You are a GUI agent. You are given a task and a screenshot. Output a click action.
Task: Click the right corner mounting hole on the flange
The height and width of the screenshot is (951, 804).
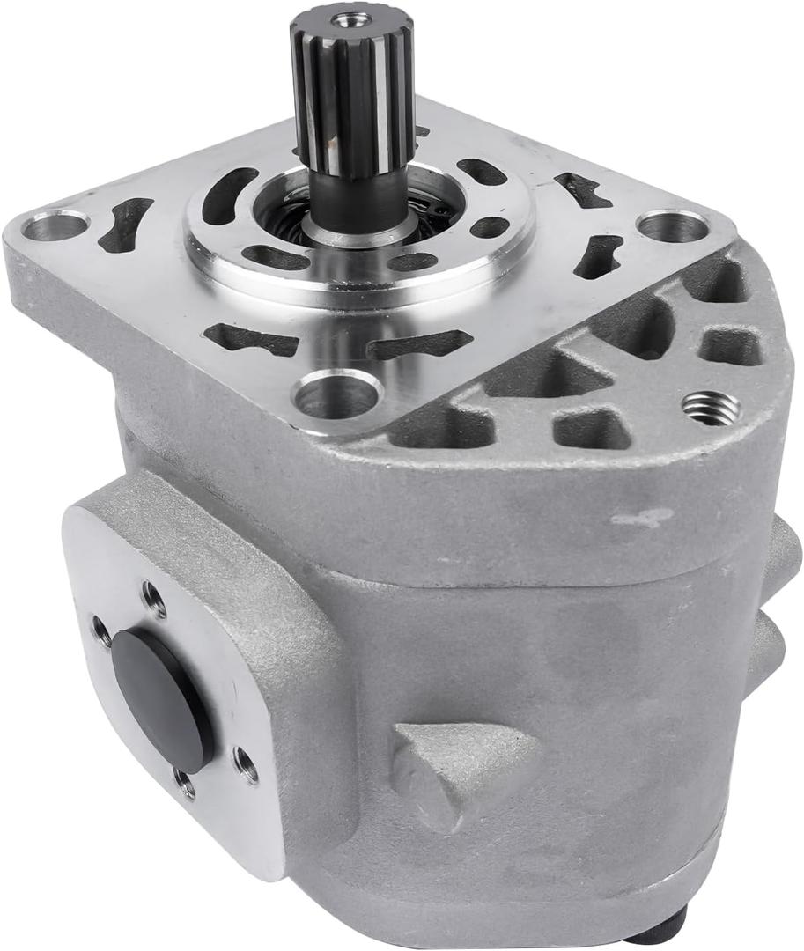pyautogui.click(x=671, y=226)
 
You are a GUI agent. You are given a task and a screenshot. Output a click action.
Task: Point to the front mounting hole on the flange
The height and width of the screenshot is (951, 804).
pyautogui.click(x=337, y=394)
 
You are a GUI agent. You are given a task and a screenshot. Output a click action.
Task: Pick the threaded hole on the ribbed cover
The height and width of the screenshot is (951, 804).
pyautogui.click(x=710, y=407)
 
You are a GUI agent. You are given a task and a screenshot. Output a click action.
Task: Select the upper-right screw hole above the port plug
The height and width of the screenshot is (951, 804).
pyautogui.click(x=153, y=600)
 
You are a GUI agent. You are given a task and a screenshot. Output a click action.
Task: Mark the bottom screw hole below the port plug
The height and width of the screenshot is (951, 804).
pyautogui.click(x=185, y=783)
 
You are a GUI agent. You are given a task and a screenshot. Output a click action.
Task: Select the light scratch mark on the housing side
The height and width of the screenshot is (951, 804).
pyautogui.click(x=642, y=518)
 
